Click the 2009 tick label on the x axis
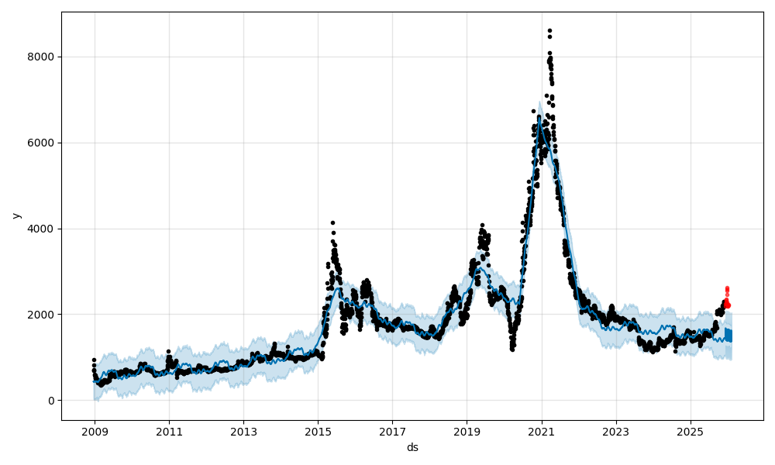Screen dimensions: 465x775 tap(95, 431)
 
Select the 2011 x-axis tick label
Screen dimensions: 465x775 tap(169, 431)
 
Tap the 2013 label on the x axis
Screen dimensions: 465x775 tap(243, 431)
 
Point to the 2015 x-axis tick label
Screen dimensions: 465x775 tap(318, 431)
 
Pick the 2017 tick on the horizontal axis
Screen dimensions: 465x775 tap(392, 431)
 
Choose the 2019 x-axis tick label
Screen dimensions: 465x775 tap(467, 431)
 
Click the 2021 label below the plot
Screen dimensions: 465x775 tap(541, 431)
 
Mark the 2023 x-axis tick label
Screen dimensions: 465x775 tap(615, 431)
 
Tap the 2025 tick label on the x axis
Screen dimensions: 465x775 tap(690, 431)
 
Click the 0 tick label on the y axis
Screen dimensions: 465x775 tap(51, 401)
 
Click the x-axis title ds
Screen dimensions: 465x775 tap(412, 447)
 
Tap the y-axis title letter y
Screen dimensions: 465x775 tap(15, 215)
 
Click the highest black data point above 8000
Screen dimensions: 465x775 tap(549, 31)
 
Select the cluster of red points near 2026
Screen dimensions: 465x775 tap(727, 298)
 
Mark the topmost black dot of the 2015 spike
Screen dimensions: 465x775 tap(332, 222)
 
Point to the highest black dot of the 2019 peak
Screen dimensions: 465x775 tap(481, 226)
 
